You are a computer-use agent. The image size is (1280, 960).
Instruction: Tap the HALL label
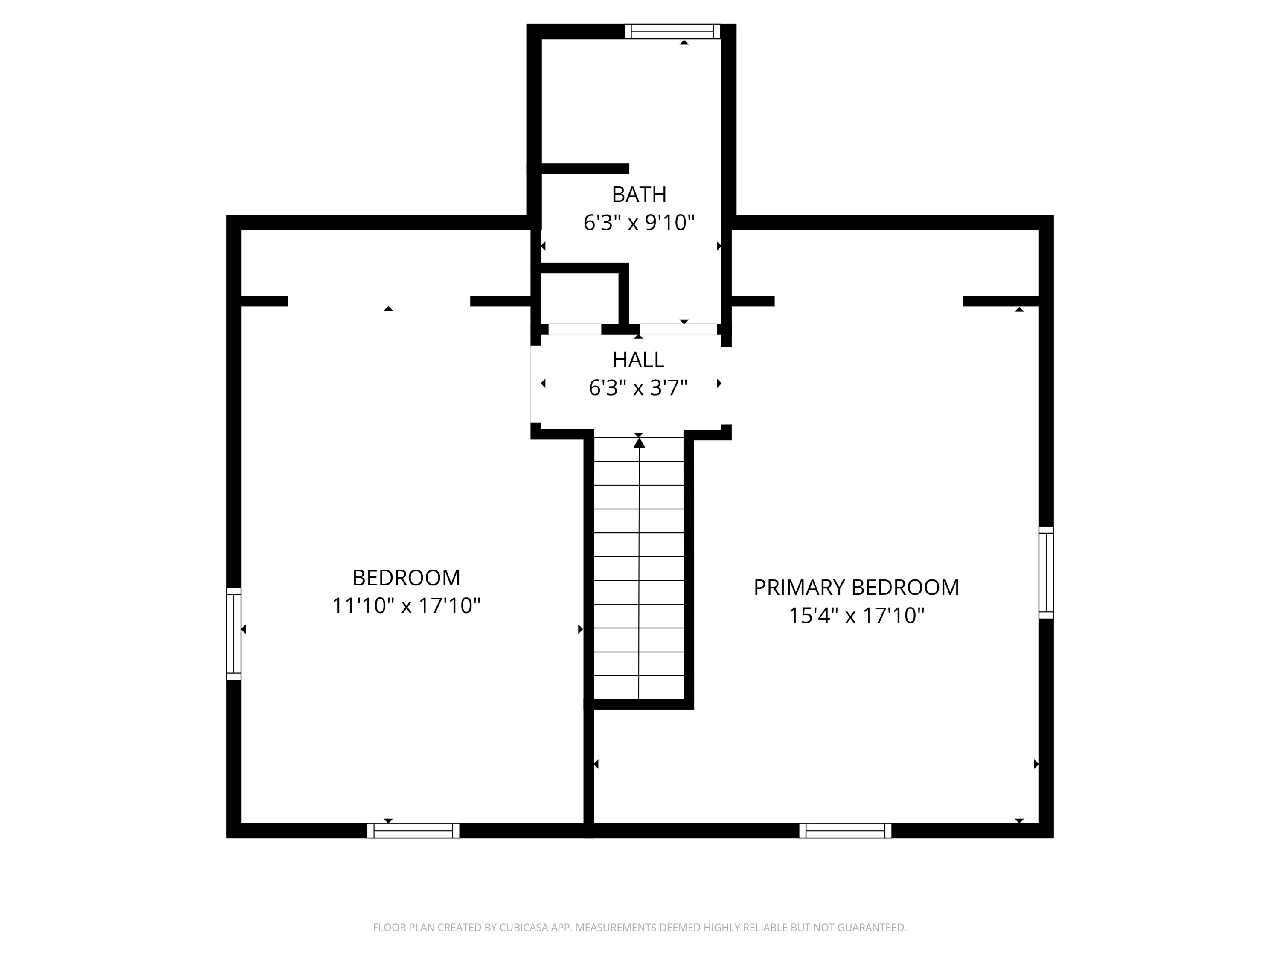click(x=638, y=360)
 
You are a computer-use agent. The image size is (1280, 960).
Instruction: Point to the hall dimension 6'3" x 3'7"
click(x=638, y=388)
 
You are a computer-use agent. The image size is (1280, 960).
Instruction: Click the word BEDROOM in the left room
click(x=406, y=578)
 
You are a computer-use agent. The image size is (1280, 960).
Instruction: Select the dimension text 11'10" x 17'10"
click(x=406, y=606)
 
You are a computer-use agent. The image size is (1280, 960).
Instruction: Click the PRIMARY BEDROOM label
click(x=856, y=588)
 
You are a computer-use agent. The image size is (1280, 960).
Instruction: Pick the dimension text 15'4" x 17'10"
click(x=856, y=616)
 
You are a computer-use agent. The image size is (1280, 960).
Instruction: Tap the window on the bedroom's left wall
click(x=233, y=634)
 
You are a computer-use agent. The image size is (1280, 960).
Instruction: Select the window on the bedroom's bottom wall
click(x=413, y=831)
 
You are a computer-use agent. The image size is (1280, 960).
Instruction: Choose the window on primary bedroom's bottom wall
click(x=845, y=831)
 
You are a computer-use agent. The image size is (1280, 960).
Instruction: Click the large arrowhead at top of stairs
click(x=639, y=443)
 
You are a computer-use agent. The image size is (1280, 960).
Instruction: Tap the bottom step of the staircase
click(x=639, y=687)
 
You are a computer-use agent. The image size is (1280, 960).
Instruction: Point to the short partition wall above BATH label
click(x=585, y=169)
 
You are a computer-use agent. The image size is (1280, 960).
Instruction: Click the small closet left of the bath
click(x=579, y=298)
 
